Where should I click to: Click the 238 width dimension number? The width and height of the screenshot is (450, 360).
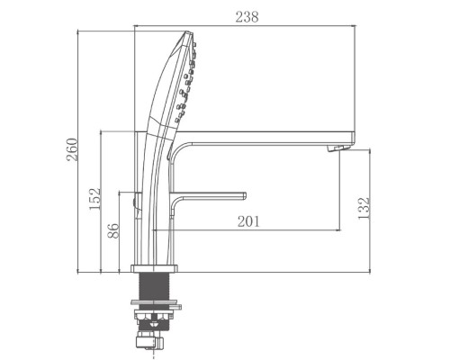[247, 17]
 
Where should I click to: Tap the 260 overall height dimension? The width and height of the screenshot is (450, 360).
[72, 149]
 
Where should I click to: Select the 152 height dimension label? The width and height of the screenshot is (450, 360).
[94, 199]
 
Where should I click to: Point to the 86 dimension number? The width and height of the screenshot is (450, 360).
[113, 230]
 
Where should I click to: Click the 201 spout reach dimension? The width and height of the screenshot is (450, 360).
[248, 221]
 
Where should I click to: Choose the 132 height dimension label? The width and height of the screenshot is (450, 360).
[364, 208]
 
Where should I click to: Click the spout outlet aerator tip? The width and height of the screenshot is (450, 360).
[338, 148]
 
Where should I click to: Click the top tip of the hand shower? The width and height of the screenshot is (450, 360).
[187, 32]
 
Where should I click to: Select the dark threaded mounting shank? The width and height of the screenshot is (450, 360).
[154, 286]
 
